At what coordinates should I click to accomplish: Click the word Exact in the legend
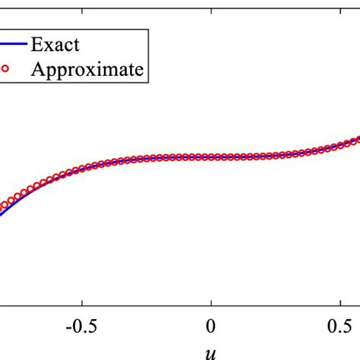pyautogui.click(x=56, y=44)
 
